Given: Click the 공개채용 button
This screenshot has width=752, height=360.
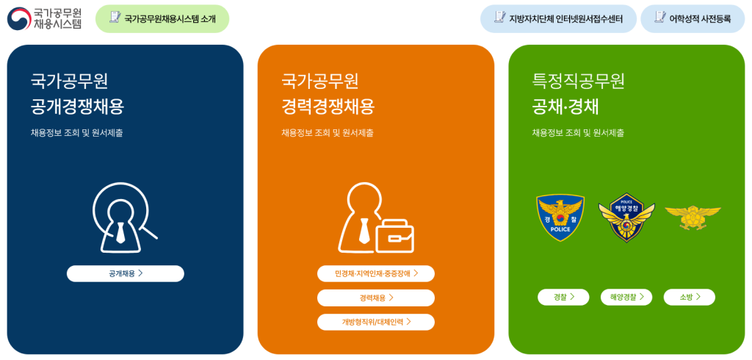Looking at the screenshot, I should tap(125, 273).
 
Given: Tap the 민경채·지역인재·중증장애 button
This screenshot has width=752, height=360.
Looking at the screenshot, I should tap(375, 273).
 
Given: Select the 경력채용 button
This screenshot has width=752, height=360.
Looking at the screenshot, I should tap(375, 298).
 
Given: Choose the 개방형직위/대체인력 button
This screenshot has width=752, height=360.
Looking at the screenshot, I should tap(375, 322).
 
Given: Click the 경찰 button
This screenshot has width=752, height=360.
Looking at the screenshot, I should tap(563, 297).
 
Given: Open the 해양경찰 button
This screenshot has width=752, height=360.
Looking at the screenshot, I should tap(626, 297).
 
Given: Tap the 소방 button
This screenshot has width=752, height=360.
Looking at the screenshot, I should tap(689, 297).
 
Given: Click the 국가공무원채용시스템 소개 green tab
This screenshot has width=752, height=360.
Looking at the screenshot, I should tap(162, 18).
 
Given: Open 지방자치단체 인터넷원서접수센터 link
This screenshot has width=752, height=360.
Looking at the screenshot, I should tap(557, 18).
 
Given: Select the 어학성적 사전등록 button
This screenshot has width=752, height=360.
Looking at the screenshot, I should tap(693, 18).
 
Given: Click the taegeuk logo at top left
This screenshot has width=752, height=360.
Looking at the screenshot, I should tap(19, 18).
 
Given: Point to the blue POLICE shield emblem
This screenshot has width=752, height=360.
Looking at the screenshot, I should tap(560, 217).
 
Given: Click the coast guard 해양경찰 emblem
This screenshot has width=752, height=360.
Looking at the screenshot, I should tap(626, 218).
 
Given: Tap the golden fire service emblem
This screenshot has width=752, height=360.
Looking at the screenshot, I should tap(692, 215).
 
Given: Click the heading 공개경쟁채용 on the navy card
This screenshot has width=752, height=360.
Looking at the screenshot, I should tap(78, 107).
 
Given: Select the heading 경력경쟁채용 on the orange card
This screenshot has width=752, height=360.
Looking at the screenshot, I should tap(328, 107).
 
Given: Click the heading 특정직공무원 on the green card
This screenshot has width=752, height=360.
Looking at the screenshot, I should tap(579, 81).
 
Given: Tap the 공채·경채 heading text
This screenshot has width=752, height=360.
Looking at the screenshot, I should tap(565, 107).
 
